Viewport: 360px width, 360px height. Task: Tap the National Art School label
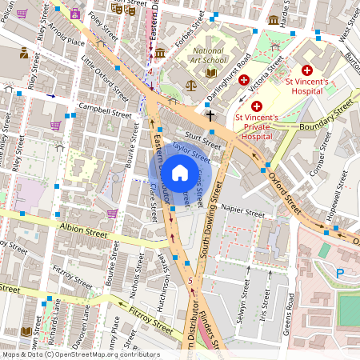tap(209, 56)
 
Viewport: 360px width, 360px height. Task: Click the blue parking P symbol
tap(339, 274)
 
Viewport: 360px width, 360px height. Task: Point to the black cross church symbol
tap(210, 115)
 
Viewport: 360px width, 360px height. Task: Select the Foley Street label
tap(104, 17)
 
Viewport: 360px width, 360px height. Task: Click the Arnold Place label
tap(65, 34)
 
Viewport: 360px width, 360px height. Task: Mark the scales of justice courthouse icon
tap(190, 84)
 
